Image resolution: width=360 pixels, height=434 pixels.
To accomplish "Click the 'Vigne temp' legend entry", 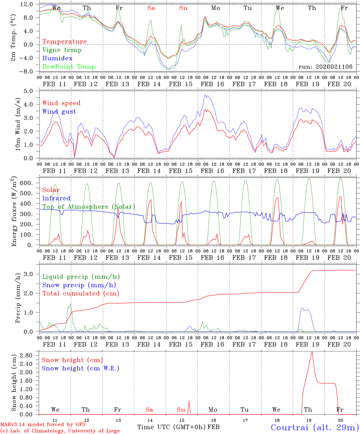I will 62,50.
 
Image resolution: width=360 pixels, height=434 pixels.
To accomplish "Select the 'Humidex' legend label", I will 57,58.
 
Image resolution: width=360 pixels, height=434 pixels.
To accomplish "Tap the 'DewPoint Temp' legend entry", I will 69,67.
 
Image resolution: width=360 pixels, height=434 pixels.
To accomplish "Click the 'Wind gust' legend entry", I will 59,112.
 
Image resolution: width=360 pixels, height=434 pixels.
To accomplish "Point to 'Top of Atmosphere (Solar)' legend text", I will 89,207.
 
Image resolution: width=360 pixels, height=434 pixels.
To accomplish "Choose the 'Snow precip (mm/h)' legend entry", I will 79,285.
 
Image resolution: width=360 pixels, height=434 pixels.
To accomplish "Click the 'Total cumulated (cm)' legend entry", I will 81,293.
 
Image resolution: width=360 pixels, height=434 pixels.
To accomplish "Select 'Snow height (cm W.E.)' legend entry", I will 81,368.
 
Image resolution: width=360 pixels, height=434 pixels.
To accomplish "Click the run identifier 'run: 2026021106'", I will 325,67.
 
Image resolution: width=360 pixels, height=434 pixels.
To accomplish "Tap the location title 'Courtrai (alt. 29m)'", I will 314,427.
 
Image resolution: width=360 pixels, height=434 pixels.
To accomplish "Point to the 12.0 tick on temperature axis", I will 27,4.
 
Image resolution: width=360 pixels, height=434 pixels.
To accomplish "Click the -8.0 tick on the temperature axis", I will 27,71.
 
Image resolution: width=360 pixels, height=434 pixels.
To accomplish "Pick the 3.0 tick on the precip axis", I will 30,274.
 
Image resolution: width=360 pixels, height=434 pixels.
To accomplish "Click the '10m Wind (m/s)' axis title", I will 18,124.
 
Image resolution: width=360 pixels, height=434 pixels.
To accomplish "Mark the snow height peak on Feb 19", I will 312,352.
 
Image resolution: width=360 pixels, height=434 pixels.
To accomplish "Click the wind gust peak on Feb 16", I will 205,95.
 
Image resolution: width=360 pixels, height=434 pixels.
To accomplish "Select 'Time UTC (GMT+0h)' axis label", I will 172,427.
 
